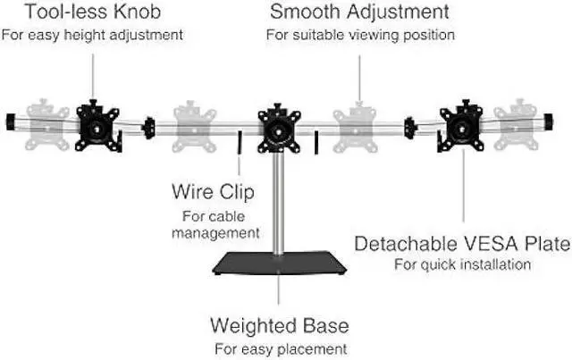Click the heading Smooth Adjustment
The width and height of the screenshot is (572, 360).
pos(360,13)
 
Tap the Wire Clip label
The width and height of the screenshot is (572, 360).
pos(213,191)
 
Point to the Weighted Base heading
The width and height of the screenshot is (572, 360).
pos(279,324)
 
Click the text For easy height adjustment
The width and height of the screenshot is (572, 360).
pos(93,35)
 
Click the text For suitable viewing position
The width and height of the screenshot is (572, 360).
pos(360,35)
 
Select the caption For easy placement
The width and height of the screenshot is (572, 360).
pos(279,347)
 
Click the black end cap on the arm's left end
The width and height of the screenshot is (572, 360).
pos(12,121)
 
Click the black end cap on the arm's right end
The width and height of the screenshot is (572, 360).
pos(560,121)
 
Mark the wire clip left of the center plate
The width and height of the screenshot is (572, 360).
pos(240,143)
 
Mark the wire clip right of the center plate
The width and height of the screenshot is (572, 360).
pos(316,143)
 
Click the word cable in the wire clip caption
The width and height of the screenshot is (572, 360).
pos(234,215)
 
